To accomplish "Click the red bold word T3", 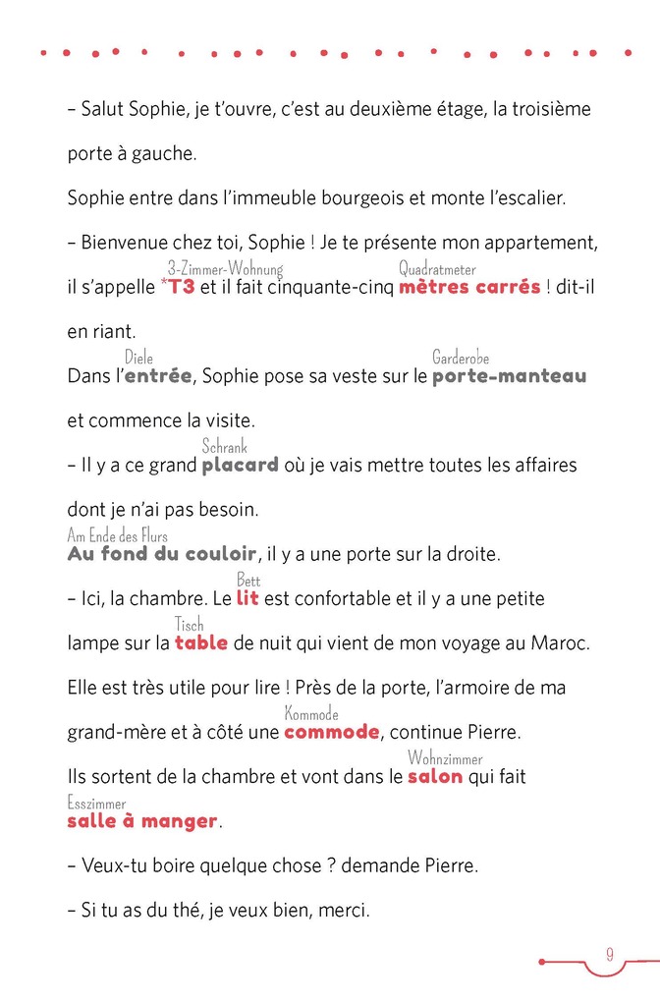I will pyautogui.click(x=182, y=287).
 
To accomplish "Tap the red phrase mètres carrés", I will pyautogui.click(x=469, y=287).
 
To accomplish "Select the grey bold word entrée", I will pyautogui.click(x=157, y=375).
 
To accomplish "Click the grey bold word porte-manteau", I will pyautogui.click(x=509, y=375).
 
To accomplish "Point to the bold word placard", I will pyautogui.click(x=240, y=465).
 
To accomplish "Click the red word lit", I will pyautogui.click(x=247, y=598).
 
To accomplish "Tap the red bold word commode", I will pyautogui.click(x=332, y=732).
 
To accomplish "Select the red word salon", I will pyautogui.click(x=435, y=776).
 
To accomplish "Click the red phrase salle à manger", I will pyautogui.click(x=142, y=821).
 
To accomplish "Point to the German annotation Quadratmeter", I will pyautogui.click(x=437, y=269).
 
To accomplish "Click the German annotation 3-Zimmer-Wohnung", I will pyautogui.click(x=225, y=269).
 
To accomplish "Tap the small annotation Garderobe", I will pyautogui.click(x=461, y=359).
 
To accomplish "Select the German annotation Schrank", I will pyautogui.click(x=224, y=447).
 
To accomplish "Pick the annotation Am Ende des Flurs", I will pyautogui.click(x=117, y=536).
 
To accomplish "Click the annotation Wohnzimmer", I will pyautogui.click(x=445, y=759).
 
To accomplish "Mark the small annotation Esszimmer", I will pyautogui.click(x=96, y=804).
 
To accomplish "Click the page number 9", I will pyautogui.click(x=610, y=954).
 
